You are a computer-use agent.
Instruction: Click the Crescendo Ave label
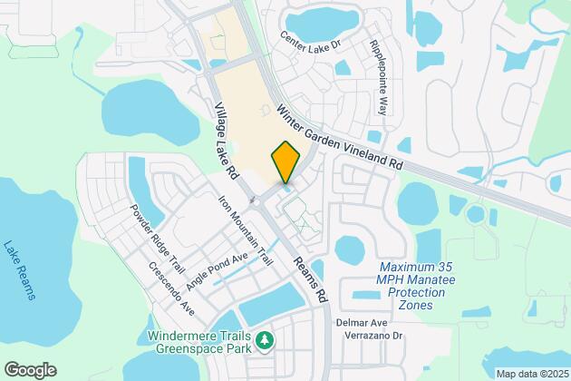(171, 288)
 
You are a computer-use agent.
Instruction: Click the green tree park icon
(265, 341)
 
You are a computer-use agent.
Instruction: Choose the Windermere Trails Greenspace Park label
(198, 341)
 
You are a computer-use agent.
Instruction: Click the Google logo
(29, 369)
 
